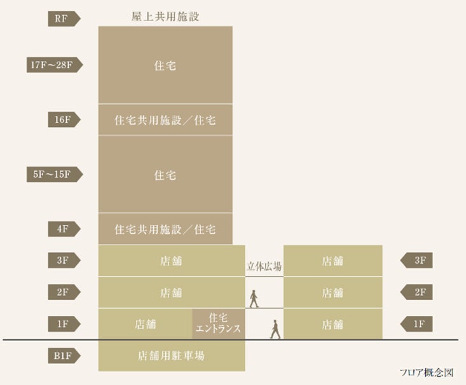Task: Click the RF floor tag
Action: (x=64, y=18)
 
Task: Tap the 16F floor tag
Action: (x=64, y=119)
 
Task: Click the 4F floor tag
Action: (x=64, y=228)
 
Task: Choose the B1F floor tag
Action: (x=64, y=356)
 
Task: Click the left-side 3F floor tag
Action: (x=64, y=260)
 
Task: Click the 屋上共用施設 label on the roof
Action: (x=165, y=17)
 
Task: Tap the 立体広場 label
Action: (x=264, y=267)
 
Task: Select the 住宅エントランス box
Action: (x=218, y=324)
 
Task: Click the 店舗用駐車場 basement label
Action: (x=172, y=356)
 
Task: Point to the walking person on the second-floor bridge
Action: (x=254, y=298)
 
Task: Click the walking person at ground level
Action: (x=275, y=328)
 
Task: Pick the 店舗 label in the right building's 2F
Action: (x=332, y=293)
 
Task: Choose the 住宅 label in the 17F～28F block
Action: (x=165, y=65)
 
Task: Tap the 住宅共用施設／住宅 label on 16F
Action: (x=165, y=119)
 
